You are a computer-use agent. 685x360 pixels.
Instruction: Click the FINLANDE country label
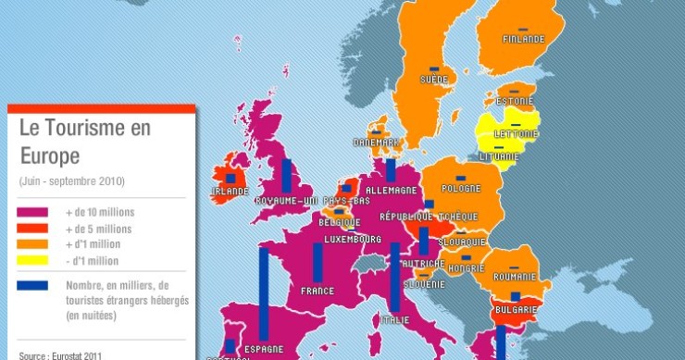pos(523,40)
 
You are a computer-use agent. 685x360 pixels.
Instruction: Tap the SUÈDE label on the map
pos(433,80)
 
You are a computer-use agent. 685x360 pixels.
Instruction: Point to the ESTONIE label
pos(514,101)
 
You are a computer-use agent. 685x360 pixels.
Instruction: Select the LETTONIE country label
pos(516,133)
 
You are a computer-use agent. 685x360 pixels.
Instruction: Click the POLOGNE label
pos(460,189)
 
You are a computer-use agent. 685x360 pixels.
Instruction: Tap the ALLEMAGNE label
pos(392,190)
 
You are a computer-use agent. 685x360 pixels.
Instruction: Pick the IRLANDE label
pos(230,192)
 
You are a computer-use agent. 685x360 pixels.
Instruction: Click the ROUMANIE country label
pos(515,277)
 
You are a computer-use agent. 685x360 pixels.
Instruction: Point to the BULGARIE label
pos(516,309)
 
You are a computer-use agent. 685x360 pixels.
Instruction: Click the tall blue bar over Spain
pos(264,293)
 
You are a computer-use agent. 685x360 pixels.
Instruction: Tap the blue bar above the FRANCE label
pos(318,262)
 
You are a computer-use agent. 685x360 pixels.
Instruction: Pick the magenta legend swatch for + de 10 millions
pos(33,212)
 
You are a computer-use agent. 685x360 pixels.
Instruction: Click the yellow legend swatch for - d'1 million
pos(33,261)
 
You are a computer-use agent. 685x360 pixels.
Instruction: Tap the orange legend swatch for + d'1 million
pos(33,244)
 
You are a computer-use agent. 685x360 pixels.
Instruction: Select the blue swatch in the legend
pos(33,285)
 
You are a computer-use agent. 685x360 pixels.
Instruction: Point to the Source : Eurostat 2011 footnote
pos(60,354)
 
